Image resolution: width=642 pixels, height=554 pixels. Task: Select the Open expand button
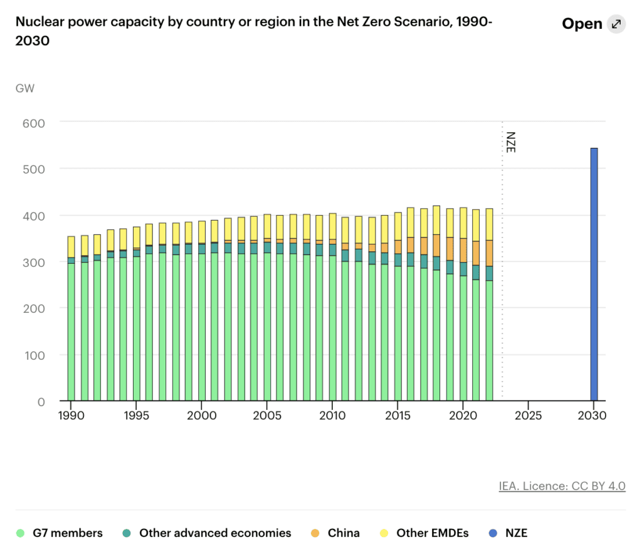pyautogui.click(x=593, y=24)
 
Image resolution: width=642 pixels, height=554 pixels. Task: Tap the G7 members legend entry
pyautogui.click(x=60, y=533)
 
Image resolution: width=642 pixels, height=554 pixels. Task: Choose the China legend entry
pyautogui.click(x=335, y=533)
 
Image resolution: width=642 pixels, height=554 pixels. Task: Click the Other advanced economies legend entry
pyautogui.click(x=207, y=533)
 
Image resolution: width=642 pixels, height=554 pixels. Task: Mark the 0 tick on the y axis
pyautogui.click(x=41, y=402)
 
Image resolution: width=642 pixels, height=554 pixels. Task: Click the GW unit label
pyautogui.click(x=25, y=88)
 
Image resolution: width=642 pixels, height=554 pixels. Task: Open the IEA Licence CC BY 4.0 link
pyautogui.click(x=562, y=486)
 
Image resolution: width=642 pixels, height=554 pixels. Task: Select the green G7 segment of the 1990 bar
pyautogui.click(x=71, y=332)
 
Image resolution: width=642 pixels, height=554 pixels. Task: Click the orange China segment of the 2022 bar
pyautogui.click(x=490, y=253)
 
